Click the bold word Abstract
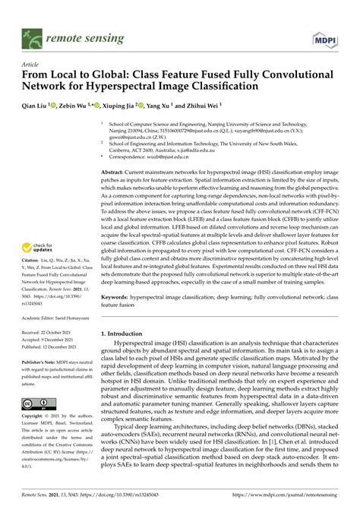115,173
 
